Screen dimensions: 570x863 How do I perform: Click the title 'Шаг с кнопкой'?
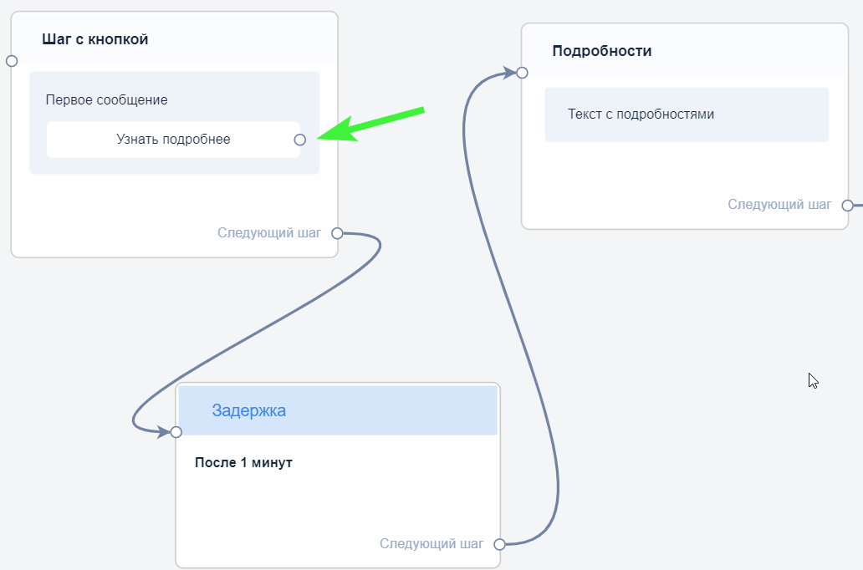click(95, 39)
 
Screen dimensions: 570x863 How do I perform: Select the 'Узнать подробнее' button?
click(173, 140)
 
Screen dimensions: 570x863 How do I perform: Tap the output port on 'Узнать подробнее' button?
click(300, 140)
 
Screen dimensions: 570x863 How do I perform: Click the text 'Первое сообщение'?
click(106, 99)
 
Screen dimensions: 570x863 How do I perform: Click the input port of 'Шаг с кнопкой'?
click(12, 61)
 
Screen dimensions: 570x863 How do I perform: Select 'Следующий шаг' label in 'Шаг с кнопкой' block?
click(269, 233)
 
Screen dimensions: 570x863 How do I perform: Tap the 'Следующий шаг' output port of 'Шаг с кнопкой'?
click(337, 233)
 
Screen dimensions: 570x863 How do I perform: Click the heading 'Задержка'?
click(248, 410)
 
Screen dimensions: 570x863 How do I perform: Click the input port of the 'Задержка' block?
click(176, 432)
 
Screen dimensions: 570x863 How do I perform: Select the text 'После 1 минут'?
click(243, 462)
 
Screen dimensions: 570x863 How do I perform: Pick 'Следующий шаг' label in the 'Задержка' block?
click(431, 544)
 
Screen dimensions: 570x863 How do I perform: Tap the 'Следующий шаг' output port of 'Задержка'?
click(499, 544)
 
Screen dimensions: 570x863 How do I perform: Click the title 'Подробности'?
click(602, 51)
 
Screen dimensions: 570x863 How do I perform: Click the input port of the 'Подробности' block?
click(522, 73)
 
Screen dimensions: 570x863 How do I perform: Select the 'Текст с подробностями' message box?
click(687, 115)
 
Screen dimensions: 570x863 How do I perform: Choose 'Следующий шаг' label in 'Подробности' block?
click(779, 205)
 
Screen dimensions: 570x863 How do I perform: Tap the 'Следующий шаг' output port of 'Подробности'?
click(847, 205)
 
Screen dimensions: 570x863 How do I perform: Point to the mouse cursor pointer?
click(812, 379)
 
